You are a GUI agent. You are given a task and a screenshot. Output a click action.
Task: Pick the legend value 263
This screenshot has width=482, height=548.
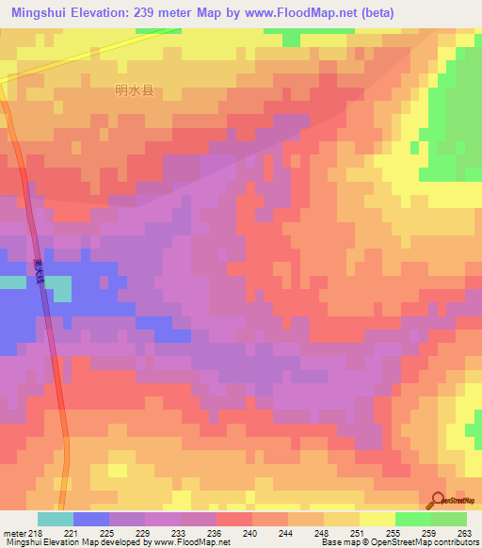(x=465, y=533)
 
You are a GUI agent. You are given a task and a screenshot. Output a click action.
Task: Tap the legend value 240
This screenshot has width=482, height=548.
(x=251, y=533)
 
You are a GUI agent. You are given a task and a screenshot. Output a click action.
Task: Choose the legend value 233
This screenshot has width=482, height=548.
(x=180, y=533)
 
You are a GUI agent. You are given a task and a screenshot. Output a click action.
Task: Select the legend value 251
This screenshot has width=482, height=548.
(x=359, y=533)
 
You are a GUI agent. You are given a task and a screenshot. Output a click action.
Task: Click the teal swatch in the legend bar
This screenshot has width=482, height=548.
(x=56, y=519)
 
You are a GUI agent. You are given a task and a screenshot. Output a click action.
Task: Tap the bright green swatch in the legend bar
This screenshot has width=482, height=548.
(x=413, y=519)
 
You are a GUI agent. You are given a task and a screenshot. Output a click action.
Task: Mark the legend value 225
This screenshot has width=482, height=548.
(x=108, y=533)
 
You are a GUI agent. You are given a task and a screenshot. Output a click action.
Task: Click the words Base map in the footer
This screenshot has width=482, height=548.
(x=336, y=542)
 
